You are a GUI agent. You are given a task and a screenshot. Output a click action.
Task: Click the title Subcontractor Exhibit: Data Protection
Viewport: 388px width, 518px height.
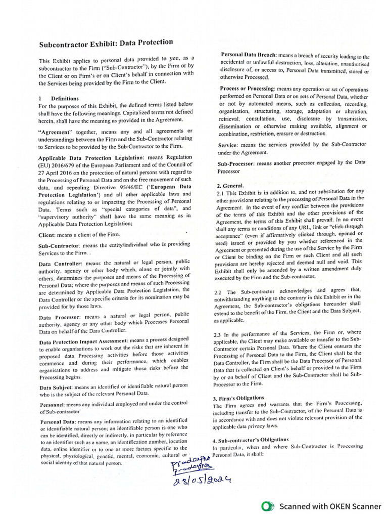106,44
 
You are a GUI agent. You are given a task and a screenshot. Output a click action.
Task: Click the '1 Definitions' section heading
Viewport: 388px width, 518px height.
59,98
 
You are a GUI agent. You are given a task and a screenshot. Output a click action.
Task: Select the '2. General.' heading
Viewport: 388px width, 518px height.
230,185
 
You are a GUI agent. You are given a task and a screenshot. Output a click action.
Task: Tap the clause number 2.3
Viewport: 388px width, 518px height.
218,334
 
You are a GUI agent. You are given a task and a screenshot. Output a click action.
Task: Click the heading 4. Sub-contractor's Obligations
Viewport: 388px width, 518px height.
251,439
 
